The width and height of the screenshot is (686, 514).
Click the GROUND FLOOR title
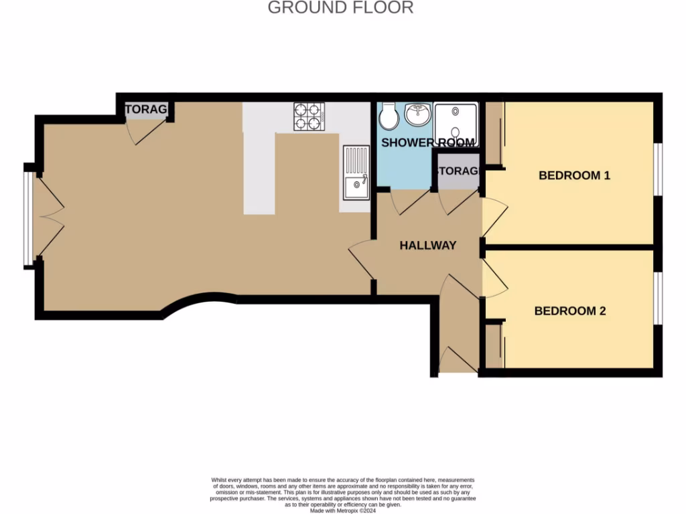340,8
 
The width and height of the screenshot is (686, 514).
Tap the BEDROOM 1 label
574,176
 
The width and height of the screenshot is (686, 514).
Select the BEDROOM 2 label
570,311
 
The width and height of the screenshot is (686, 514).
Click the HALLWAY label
427,246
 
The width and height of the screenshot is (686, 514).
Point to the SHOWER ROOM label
428,143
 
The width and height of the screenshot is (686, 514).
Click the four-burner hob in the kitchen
309,116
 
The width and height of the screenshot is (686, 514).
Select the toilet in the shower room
389,118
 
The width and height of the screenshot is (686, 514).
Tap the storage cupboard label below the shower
459,171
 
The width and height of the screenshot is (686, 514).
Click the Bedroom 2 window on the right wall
658,298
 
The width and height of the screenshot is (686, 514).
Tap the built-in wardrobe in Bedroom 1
494,134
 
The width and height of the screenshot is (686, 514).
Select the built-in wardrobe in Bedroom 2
494,347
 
